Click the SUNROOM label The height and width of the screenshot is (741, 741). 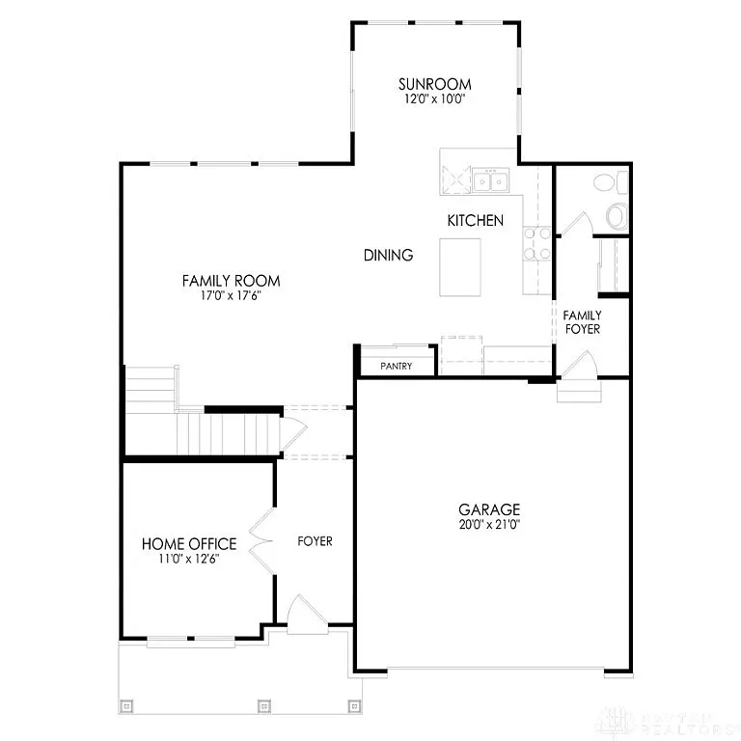436,83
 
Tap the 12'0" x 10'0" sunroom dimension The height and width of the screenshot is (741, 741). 436,98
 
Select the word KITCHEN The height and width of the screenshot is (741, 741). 475,221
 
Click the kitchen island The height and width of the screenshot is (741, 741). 459,267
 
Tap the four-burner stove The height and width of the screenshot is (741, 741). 537,243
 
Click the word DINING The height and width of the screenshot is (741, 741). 389,256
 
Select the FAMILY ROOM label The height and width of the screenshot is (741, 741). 232,281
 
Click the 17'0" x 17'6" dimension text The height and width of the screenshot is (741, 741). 232,296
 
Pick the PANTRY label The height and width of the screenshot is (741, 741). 397,367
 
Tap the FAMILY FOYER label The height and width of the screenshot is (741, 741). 582,322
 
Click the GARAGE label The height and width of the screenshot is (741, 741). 489,509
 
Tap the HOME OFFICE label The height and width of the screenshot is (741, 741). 189,544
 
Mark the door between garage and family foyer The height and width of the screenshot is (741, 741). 580,368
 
